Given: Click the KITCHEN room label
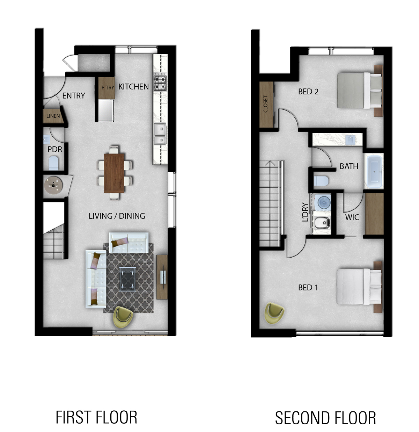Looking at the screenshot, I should point(133,87).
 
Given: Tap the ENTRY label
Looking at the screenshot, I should point(74,96).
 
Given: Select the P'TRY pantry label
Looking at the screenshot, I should point(108,87).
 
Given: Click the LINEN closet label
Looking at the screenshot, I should point(53,116).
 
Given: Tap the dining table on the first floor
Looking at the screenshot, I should point(114,173).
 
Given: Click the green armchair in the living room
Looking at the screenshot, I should point(124,316).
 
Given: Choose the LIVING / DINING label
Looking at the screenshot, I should point(117,216).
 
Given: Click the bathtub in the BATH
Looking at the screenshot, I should point(374,172).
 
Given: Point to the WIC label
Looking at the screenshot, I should point(352,217).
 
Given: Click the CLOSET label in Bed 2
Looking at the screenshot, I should point(266,104).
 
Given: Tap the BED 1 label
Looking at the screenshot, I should point(308,288).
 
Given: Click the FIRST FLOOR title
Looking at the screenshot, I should point(96,417).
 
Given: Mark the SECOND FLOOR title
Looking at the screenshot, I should point(325,418).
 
